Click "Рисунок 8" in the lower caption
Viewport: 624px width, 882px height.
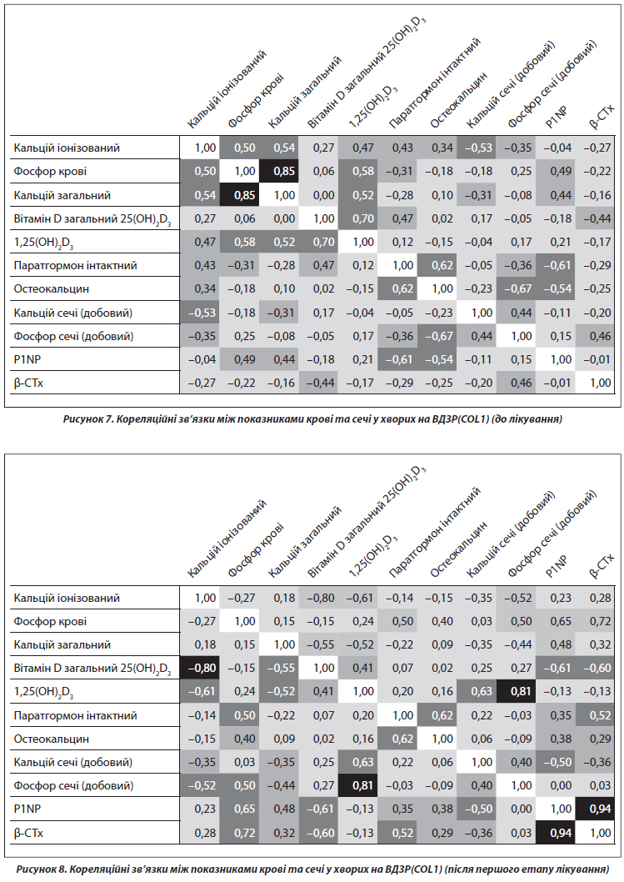38,869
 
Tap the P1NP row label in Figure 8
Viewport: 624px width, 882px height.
27,809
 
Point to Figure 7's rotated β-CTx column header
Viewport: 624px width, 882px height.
601,118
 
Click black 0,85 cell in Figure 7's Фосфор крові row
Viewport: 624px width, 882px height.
284,172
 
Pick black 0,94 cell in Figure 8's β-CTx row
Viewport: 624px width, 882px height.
561,833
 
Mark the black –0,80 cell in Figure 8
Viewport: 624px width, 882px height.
200,669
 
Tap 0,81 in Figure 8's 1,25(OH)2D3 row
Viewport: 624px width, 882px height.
522,692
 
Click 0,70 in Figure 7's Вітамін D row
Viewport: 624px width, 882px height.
363,218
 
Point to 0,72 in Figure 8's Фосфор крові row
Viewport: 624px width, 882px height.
601,622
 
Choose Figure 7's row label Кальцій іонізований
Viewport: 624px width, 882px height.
67,148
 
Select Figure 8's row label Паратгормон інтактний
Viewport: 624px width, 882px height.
75,716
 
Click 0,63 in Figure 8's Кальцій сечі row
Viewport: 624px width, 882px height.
363,762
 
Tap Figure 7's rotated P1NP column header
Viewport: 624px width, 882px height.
557,117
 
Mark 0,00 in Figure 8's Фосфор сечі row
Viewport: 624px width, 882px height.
561,786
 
